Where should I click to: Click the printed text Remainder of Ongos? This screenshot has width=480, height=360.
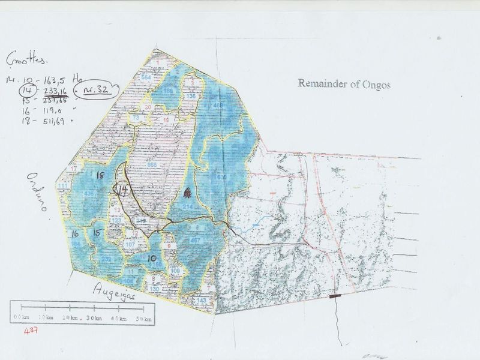344,83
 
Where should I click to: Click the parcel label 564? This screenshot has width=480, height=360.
146,79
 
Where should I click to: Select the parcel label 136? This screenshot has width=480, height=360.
191,96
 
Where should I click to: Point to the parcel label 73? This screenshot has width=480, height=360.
136,119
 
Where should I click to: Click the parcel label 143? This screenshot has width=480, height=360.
202,300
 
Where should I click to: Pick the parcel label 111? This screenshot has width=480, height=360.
62,187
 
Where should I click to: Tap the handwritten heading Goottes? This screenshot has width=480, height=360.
26,60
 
